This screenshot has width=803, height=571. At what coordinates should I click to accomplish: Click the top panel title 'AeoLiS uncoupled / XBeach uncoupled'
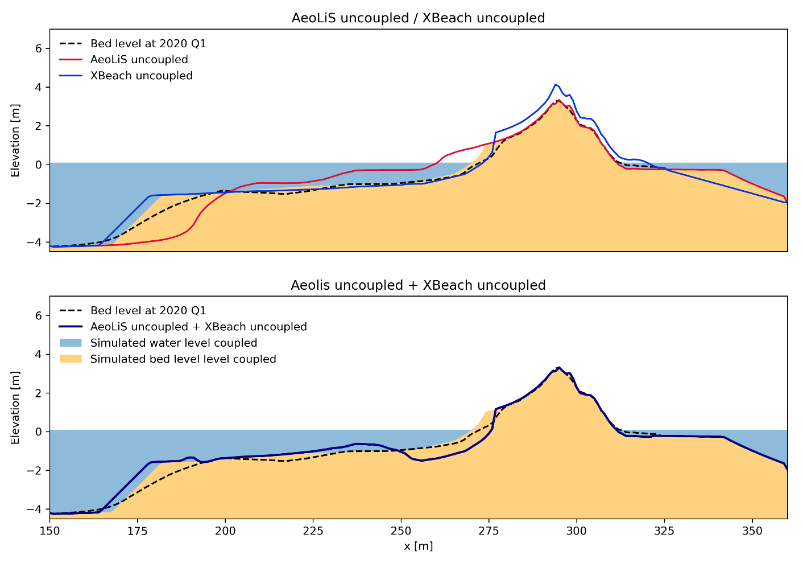point(418,18)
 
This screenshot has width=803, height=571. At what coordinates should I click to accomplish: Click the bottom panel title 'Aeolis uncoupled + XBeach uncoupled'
point(418,285)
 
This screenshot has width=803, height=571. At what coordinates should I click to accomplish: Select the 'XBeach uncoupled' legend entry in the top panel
point(141,76)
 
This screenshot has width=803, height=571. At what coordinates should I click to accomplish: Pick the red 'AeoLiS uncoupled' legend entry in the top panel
point(139,60)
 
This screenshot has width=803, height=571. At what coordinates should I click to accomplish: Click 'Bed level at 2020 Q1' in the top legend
point(148,44)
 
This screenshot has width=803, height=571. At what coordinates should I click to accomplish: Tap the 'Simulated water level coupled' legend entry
point(173,343)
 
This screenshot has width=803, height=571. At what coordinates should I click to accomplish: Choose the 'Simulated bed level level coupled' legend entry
point(183,359)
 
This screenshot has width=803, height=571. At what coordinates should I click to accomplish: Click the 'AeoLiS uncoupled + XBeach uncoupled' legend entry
point(198,327)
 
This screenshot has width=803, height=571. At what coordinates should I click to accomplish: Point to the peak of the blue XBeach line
point(556,84)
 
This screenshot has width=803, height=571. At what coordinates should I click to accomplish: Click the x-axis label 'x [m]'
point(418,547)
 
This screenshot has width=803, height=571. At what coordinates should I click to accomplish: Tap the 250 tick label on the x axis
point(401,531)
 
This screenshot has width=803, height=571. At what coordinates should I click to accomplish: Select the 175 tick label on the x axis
point(138,531)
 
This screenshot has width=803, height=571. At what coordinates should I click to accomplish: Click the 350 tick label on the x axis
point(752,531)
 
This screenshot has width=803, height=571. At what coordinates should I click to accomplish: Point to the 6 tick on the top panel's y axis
point(39,49)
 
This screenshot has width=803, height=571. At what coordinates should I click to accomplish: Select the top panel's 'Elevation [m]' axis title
point(15,140)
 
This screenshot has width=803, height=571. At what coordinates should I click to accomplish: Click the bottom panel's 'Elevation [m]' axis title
point(15,407)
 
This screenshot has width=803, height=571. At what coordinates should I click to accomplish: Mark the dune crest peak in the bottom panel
point(559,367)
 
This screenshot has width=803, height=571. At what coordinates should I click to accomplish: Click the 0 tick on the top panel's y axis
point(39,165)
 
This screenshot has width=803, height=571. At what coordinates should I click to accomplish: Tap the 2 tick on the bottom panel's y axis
point(39,393)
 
